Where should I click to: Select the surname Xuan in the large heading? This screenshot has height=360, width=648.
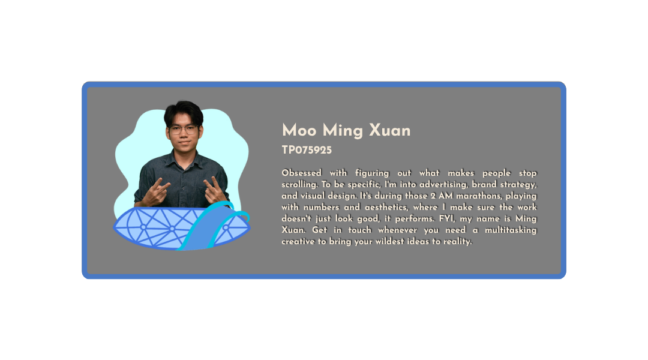point(390,130)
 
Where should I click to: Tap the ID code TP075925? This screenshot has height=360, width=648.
point(307,150)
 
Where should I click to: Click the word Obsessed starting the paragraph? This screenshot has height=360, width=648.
point(302,173)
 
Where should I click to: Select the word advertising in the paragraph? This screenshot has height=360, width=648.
point(443,185)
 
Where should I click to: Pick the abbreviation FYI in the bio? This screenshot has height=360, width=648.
point(447,218)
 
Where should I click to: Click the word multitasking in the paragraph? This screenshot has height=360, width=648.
point(511,230)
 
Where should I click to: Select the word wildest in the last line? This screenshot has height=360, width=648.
point(389,241)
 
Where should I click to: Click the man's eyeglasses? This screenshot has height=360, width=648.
point(184,130)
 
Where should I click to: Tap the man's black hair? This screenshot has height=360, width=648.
point(184,112)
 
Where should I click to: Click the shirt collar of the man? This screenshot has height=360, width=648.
point(184,157)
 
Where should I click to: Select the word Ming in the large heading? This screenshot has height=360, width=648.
point(343,131)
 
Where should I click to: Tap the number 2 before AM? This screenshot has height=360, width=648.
point(433,196)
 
